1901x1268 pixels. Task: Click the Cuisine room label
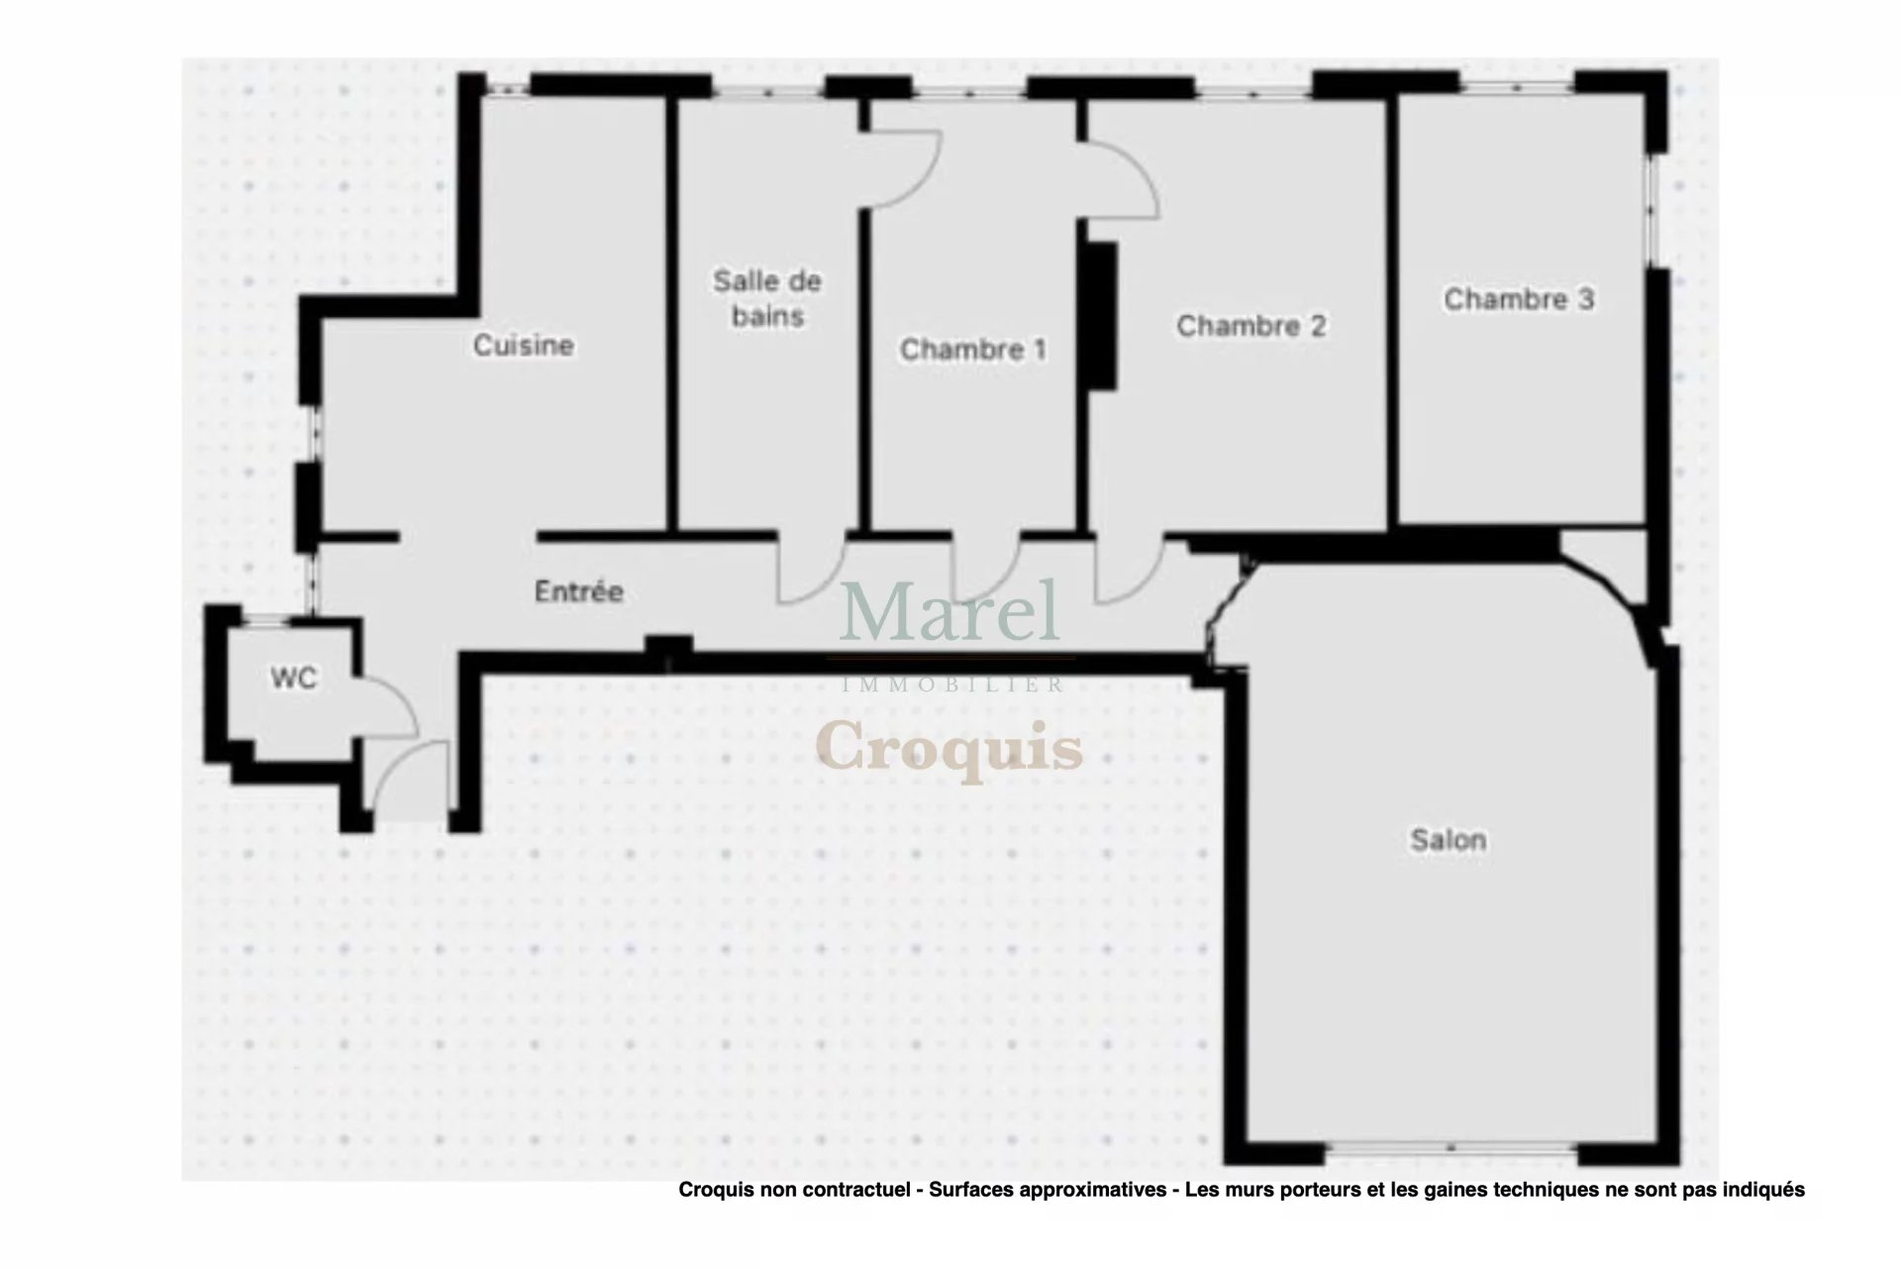pos(523,345)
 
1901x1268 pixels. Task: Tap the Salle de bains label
pos(767,298)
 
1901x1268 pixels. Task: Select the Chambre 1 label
pos(972,349)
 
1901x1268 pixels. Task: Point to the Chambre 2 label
pos(1251,325)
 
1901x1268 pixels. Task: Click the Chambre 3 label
pos(1519,299)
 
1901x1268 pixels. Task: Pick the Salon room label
pos(1448,840)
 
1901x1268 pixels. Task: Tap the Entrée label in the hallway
pos(578,591)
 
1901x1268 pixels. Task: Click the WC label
pos(294,679)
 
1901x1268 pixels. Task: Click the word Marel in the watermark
pos(950,611)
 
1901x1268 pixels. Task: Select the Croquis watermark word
pos(950,747)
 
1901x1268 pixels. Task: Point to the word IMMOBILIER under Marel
pos(951,685)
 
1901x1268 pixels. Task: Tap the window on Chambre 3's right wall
pos(1651,208)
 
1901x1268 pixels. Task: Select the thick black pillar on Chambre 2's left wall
pos(1103,316)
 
